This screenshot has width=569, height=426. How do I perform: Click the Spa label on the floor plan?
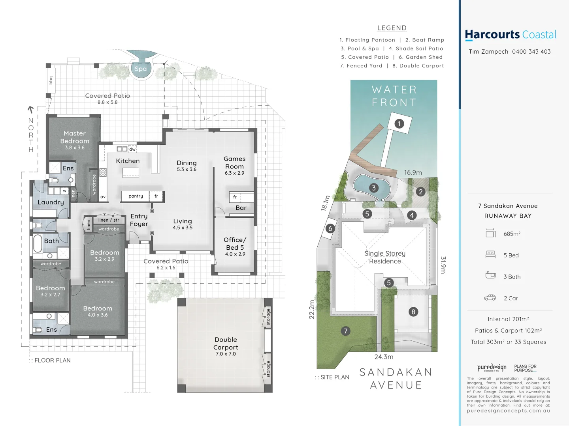click(x=140, y=69)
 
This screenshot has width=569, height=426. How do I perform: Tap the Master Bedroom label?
click(x=75, y=137)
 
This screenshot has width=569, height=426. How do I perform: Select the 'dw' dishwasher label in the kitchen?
click(x=132, y=149)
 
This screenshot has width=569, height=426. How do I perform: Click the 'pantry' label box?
click(x=136, y=196)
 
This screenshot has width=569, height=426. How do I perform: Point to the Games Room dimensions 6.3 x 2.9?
click(x=234, y=173)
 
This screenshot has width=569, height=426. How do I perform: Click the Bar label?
click(x=241, y=208)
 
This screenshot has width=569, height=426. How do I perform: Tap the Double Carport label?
click(x=226, y=343)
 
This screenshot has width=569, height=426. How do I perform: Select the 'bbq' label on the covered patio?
click(x=51, y=80)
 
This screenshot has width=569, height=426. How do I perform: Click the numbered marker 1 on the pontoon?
click(x=399, y=124)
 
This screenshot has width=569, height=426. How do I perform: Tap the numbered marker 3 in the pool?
click(x=374, y=188)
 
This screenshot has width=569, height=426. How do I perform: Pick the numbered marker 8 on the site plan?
click(x=413, y=312)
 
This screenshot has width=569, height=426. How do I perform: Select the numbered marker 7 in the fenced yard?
click(x=346, y=331)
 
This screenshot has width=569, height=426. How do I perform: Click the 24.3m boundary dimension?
click(x=384, y=357)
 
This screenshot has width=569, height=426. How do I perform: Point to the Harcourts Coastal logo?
click(x=511, y=35)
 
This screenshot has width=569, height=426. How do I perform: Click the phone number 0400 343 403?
click(x=531, y=52)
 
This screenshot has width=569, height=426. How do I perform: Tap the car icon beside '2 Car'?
click(x=490, y=298)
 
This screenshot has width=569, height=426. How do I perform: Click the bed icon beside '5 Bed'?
click(x=490, y=255)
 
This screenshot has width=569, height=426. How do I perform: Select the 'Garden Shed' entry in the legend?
click(x=420, y=57)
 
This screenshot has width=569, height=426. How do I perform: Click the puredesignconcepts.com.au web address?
click(x=508, y=411)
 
